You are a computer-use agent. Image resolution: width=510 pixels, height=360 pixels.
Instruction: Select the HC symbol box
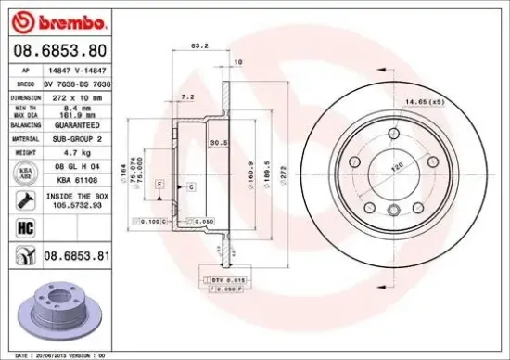[20, 225]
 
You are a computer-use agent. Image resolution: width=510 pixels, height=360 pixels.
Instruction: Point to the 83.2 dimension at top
[198, 45]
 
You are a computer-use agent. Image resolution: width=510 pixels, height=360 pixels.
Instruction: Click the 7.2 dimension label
[187, 96]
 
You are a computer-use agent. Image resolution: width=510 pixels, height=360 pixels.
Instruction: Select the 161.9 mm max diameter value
[72, 116]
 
